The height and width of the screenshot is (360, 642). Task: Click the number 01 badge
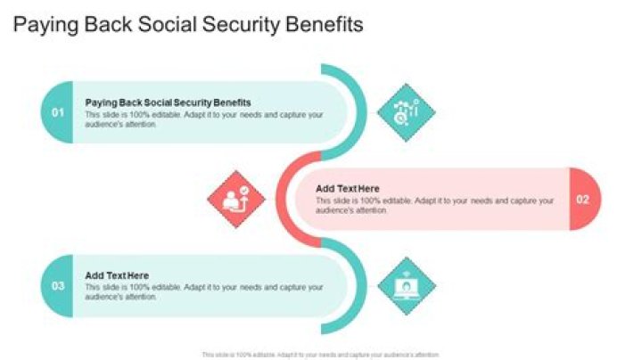pos(58,112)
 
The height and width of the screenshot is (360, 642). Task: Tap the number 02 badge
pos(583,200)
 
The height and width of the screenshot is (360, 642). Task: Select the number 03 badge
pos(58,286)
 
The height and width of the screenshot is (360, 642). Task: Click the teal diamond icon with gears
pos(406,112)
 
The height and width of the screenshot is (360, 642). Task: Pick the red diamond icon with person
pos(236,199)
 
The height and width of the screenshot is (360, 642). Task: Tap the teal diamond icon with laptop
pos(406,286)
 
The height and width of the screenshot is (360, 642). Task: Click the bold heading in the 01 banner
pos(168,102)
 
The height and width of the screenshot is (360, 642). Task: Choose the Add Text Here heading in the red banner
pos(348,189)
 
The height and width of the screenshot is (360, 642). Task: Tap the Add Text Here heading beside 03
pos(117,275)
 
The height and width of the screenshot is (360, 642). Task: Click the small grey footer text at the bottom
pos(320,355)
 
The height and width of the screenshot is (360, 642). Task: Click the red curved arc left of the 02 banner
pos(284,200)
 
